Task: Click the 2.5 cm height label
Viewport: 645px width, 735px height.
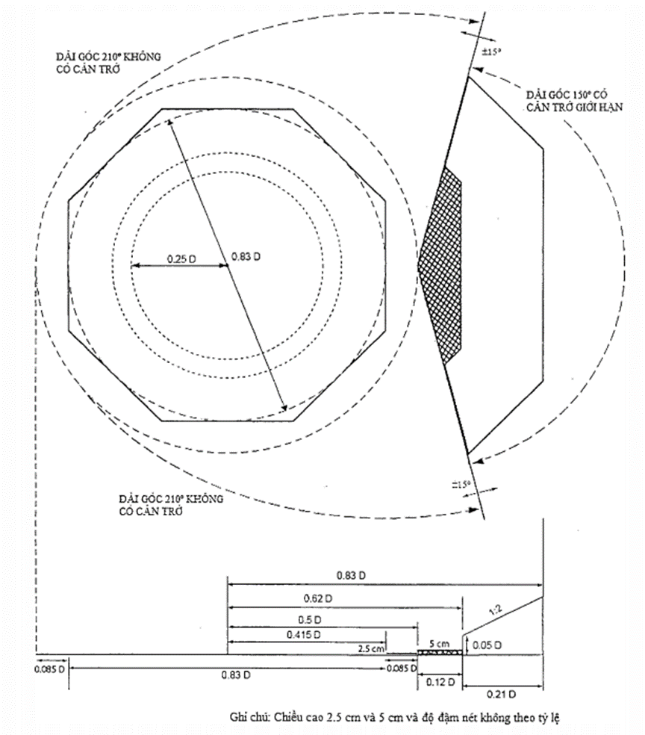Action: (x=370, y=648)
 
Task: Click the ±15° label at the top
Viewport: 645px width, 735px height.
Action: (x=487, y=52)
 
